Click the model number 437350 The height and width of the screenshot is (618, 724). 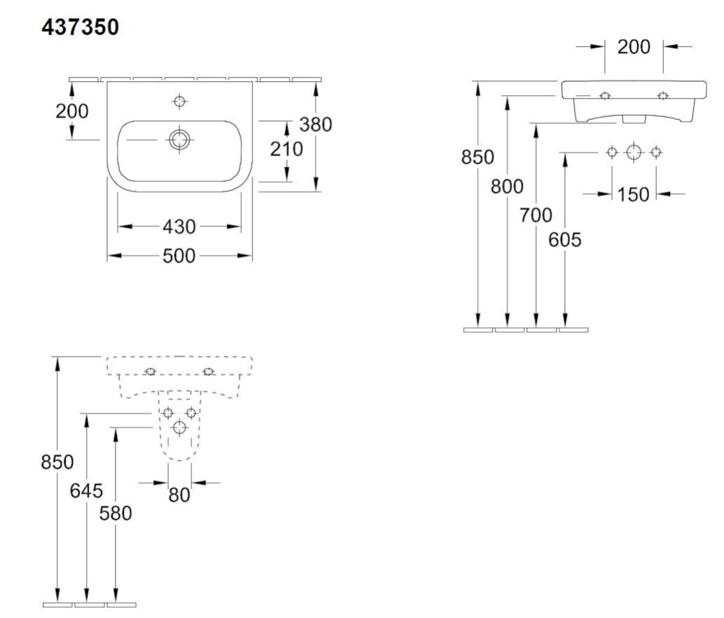tap(80, 27)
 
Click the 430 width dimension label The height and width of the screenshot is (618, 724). tap(179, 226)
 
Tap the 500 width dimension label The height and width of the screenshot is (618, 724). tap(179, 256)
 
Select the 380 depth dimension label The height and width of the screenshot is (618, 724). tap(316, 124)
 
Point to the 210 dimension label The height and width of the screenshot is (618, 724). tap(287, 149)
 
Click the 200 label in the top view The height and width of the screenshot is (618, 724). tap(72, 111)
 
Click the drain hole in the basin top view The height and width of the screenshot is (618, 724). tap(179, 139)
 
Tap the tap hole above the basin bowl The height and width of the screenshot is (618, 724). tap(179, 101)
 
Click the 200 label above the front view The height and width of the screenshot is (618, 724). tap(634, 46)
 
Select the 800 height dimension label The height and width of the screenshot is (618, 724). tap(507, 186)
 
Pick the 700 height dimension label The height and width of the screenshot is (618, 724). tap(536, 215)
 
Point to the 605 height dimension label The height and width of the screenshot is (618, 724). tap(565, 240)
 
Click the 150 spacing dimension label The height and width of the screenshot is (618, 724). tap(633, 194)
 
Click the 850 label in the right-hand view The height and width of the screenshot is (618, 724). tap(478, 157)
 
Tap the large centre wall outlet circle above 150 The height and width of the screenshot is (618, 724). tap(633, 152)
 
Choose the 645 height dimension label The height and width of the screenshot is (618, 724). tap(86, 491)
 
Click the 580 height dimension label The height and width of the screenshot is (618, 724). tap(115, 513)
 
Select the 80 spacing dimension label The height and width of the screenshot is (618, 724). tap(179, 495)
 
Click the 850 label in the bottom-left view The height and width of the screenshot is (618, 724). tap(57, 462)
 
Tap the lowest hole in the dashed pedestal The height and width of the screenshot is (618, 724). tap(179, 428)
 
